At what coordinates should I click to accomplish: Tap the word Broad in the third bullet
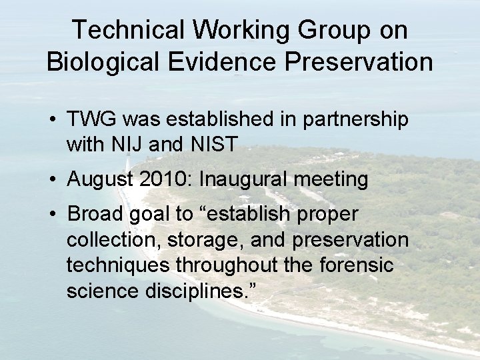click(94, 215)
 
